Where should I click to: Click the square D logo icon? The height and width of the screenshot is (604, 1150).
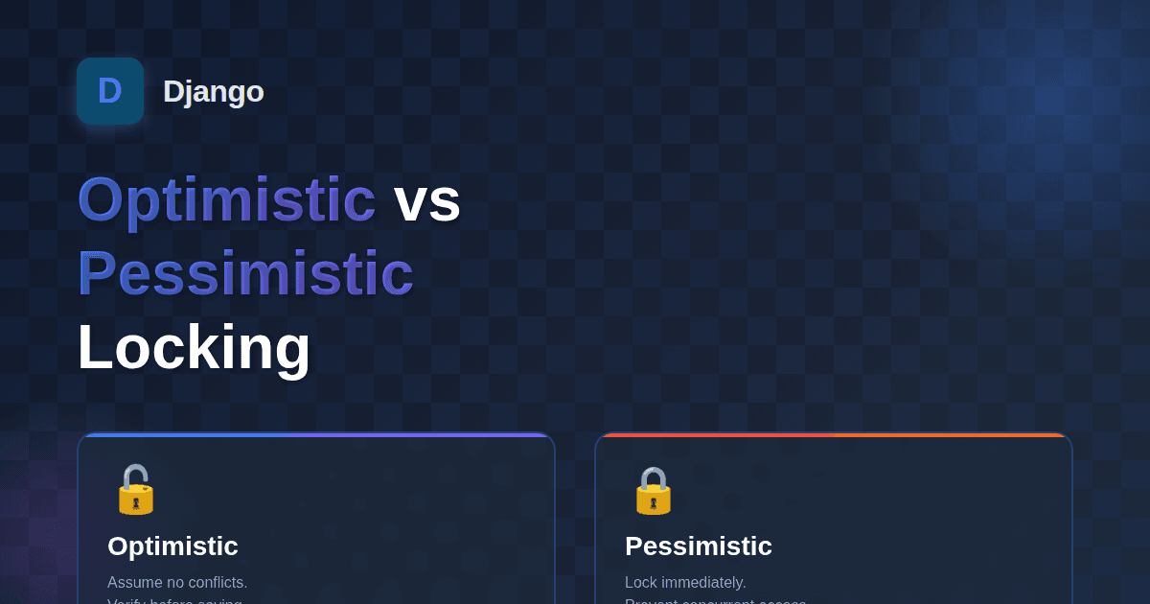coord(110,91)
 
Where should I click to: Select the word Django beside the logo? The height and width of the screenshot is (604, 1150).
coord(213,91)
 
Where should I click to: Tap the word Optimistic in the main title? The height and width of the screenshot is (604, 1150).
coord(226,200)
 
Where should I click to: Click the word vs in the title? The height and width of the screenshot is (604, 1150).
coord(427,200)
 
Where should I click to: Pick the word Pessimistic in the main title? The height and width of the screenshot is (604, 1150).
coord(245,274)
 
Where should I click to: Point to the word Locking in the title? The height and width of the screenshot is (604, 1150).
coord(194,347)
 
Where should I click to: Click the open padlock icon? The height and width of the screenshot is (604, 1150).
coord(136,490)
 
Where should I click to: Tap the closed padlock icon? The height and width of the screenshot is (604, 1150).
coord(654,490)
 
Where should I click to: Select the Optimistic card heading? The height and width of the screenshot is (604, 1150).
coord(172,546)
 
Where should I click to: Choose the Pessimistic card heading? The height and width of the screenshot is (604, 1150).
coord(699,546)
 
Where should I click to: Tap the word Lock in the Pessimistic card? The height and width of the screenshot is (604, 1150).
coord(641,583)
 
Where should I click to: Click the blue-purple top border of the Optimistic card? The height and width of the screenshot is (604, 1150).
coord(316,435)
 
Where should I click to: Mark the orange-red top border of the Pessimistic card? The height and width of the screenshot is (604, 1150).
coord(834,435)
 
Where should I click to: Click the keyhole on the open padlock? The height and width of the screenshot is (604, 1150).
coord(136,501)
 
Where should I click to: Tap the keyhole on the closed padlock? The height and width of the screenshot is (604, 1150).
coord(654,501)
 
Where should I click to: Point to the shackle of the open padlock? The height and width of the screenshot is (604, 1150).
coord(130,475)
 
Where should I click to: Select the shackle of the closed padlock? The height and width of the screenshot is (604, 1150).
coord(654,476)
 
